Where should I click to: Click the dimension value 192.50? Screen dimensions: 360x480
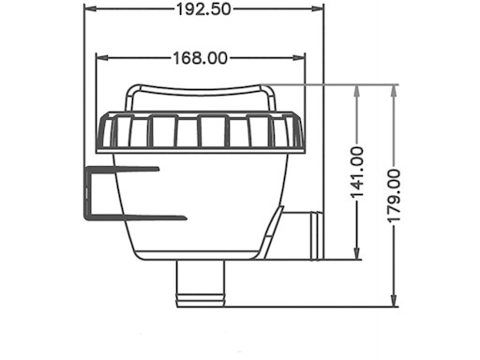pyautogui.click(x=203, y=9)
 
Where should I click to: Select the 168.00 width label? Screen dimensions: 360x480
pyautogui.click(x=200, y=58)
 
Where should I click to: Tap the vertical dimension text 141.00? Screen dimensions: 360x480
pyautogui.click(x=357, y=172)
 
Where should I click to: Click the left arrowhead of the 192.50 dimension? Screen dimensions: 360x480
pyautogui.click(x=90, y=9)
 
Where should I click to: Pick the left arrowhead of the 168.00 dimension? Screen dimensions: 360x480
pyautogui.click(x=102, y=58)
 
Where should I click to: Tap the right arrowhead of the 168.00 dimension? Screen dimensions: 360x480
pyautogui.click(x=300, y=58)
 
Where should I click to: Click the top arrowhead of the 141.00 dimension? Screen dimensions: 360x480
pyautogui.click(x=357, y=90)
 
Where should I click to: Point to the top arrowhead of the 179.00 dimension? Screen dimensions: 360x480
pyautogui.click(x=394, y=90)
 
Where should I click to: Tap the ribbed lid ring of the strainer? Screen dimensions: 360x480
pyautogui.click(x=200, y=132)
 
